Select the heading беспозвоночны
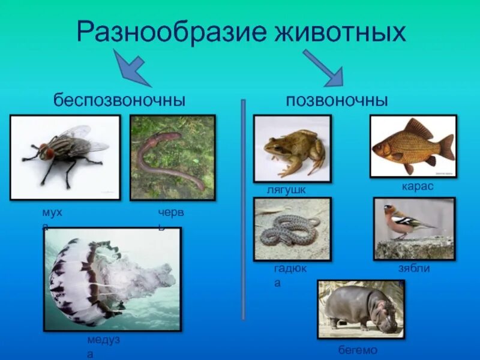click(x=119, y=100)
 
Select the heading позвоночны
click(x=337, y=100)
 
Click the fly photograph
click(x=65, y=157)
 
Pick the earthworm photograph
click(x=173, y=157)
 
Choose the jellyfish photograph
click(x=112, y=279)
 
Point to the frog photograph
click(x=292, y=148)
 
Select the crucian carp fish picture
click(x=413, y=146)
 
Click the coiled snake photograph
click(x=292, y=229)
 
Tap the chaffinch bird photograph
click(x=414, y=228)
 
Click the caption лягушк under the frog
click(x=287, y=190)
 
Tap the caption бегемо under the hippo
click(x=358, y=350)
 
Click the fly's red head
click(x=48, y=152)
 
